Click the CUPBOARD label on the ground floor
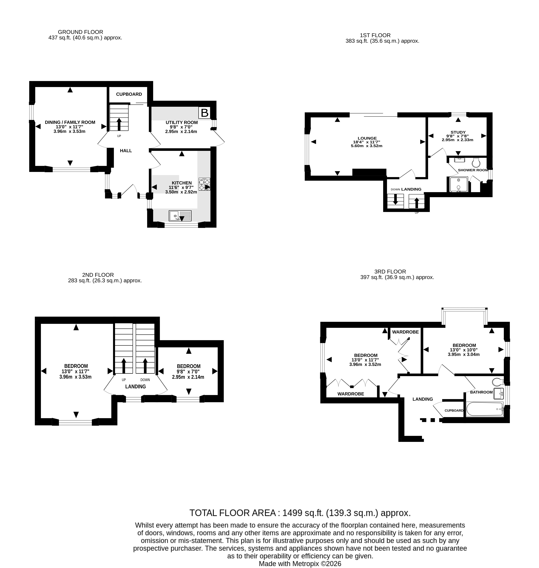click(x=129, y=94)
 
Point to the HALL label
click(x=126, y=150)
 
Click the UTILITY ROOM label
click(x=182, y=122)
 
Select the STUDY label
click(x=458, y=132)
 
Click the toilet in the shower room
click(x=476, y=162)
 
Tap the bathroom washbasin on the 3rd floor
click(x=498, y=394)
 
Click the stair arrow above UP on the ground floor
click(x=119, y=124)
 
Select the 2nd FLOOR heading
click(x=98, y=275)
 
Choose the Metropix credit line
click(x=300, y=564)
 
